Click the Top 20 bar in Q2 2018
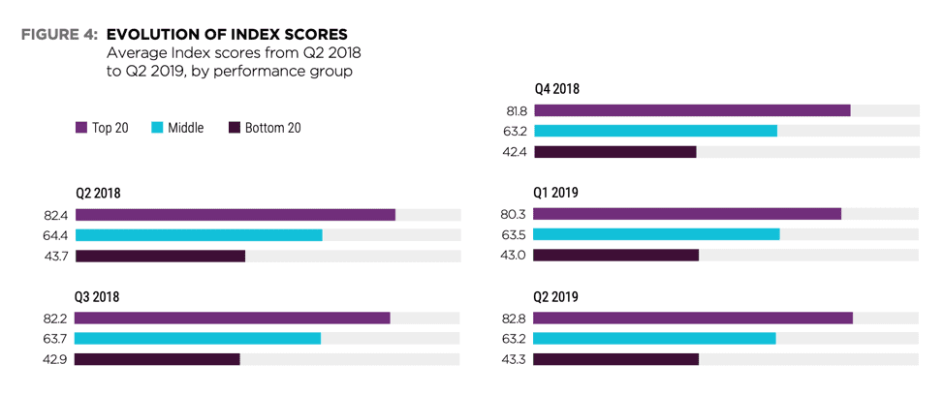235,214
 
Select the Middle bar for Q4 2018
655,131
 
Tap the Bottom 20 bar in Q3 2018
157,359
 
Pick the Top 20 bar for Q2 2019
692,318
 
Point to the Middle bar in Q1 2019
656,234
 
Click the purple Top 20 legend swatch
81,128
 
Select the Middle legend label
185,128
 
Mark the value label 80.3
516,214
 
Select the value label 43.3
516,359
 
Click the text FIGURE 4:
58,35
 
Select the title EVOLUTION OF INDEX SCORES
226,35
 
